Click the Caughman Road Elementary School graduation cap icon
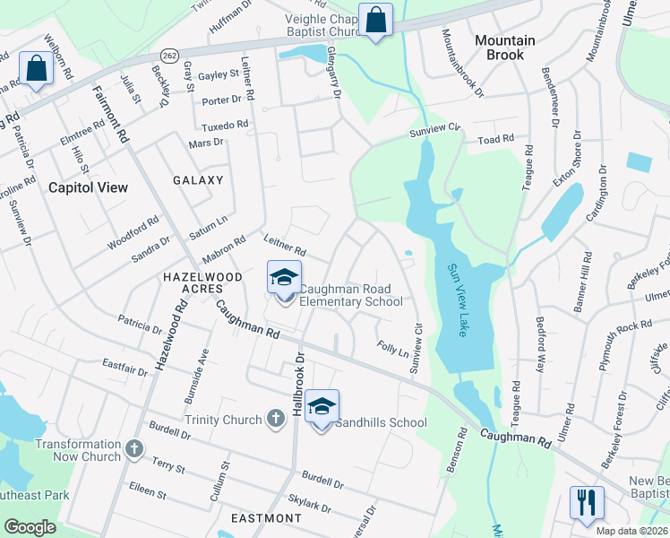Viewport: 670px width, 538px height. click(284, 277)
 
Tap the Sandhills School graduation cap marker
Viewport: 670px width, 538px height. click(322, 406)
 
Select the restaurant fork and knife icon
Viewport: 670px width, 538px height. click(587, 502)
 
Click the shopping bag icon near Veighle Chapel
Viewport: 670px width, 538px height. click(374, 19)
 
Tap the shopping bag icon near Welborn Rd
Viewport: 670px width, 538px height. click(37, 68)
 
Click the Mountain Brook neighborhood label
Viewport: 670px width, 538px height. click(504, 48)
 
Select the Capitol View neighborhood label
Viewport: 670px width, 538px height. click(88, 187)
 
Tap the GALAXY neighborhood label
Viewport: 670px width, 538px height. click(198, 180)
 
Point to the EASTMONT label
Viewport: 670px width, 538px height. click(266, 518)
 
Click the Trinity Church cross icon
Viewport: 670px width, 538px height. click(279, 420)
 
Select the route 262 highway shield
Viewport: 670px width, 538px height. click(170, 56)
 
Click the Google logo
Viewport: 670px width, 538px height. click(30, 527)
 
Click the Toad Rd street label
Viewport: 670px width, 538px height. click(495, 140)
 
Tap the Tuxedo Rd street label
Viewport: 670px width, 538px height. click(224, 126)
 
